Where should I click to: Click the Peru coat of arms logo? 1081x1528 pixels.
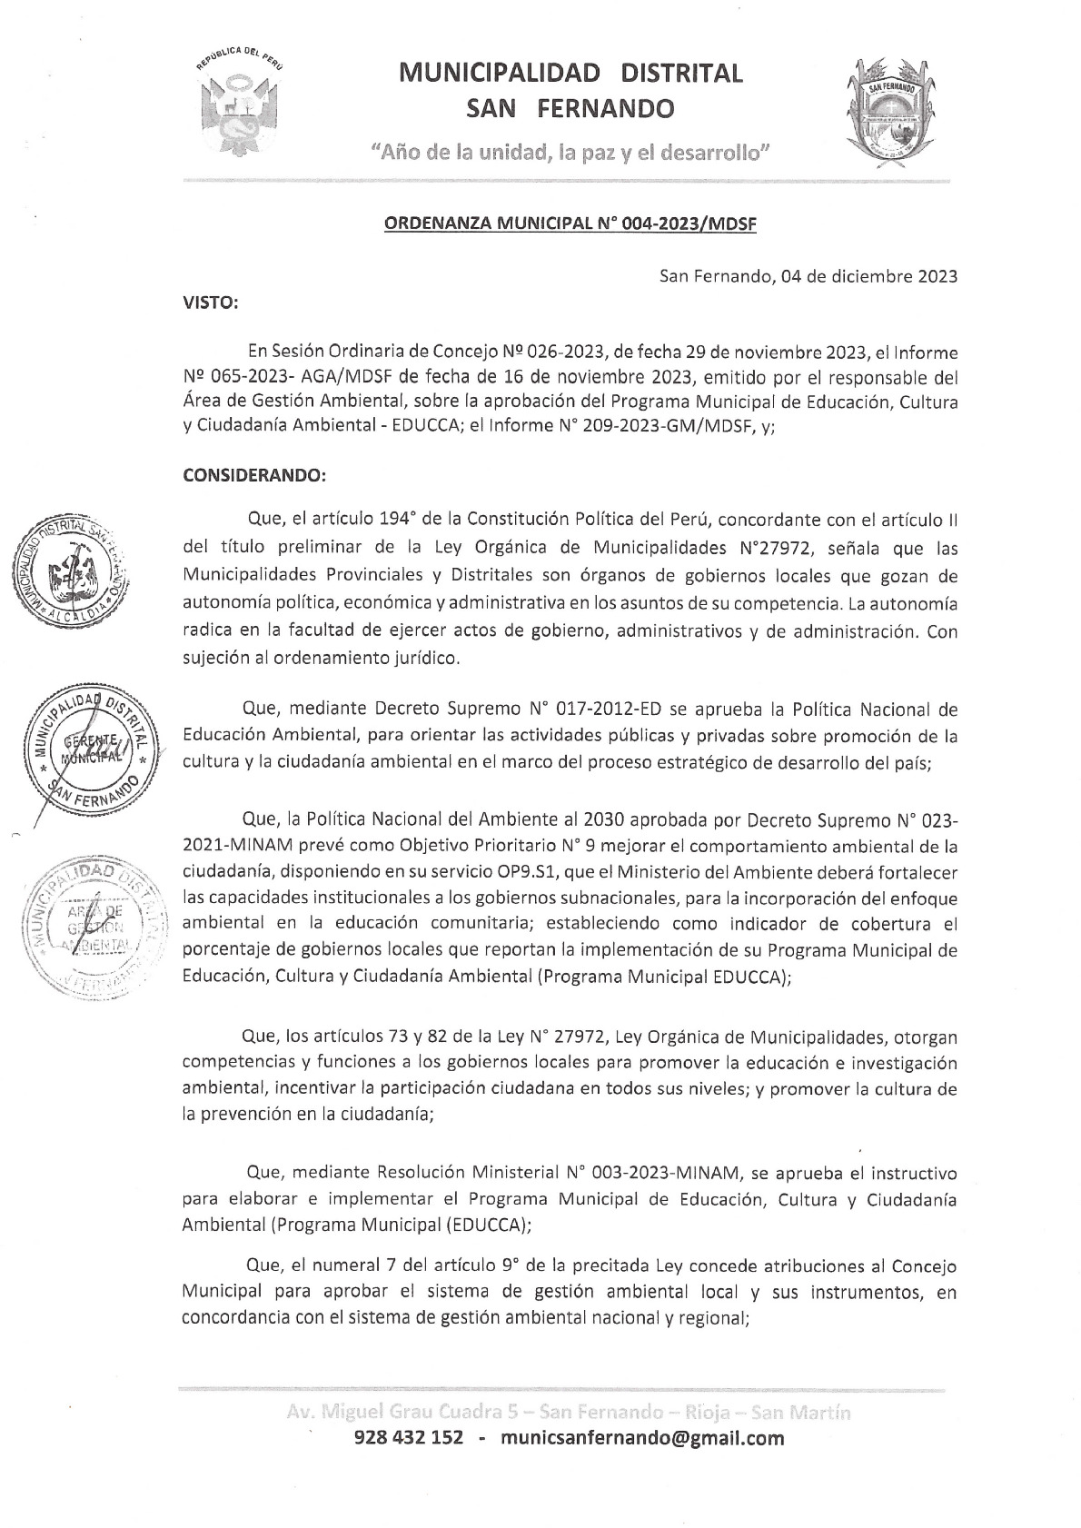point(237,103)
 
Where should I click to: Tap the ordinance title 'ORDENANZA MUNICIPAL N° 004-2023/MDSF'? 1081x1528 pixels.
point(571,224)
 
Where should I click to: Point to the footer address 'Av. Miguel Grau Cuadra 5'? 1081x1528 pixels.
point(408,1413)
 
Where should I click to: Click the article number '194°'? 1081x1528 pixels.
point(395,520)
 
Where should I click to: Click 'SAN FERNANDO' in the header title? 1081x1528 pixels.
point(570,109)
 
